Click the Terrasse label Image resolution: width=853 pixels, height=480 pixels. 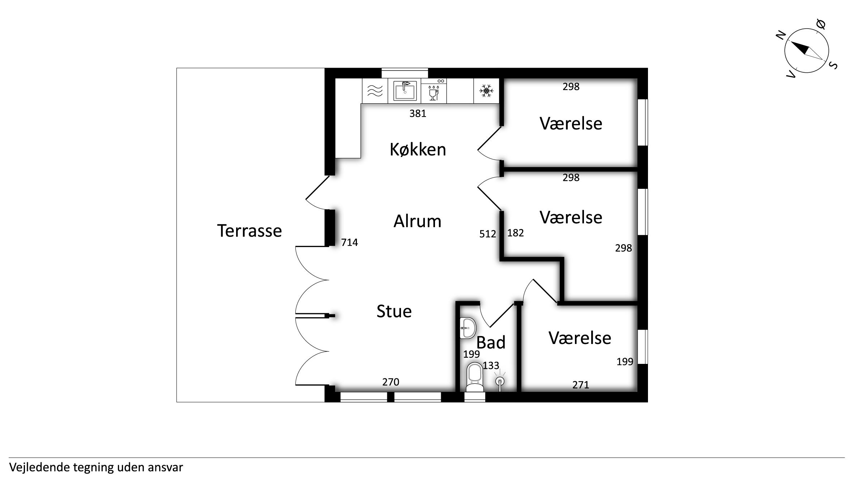249,231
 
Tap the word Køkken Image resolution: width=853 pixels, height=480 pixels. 418,149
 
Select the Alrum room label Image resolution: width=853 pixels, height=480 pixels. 417,221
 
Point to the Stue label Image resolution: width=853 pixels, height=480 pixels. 394,311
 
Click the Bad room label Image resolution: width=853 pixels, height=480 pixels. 491,342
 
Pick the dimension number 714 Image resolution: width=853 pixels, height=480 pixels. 349,242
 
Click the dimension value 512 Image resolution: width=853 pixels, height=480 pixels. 487,234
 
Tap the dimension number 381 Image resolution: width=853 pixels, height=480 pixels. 418,114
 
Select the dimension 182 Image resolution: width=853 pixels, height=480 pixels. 515,233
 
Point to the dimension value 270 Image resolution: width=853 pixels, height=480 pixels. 391,382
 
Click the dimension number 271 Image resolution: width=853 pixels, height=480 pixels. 581,385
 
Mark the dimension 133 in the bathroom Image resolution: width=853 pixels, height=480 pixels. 491,366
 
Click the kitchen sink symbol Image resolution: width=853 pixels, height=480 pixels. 405,90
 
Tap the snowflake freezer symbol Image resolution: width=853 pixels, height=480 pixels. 486,90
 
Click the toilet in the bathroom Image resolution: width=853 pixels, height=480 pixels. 475,377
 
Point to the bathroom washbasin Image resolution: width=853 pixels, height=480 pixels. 468,328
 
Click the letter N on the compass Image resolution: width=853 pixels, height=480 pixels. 781,35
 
